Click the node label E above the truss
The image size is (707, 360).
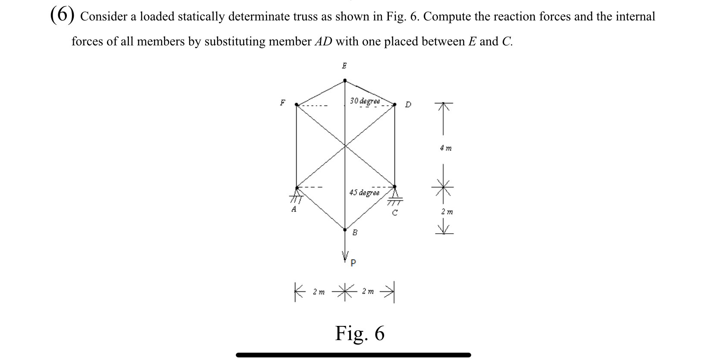(344, 66)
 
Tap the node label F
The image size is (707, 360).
(282, 103)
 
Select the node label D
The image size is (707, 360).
(408, 104)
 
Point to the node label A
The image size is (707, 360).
(294, 210)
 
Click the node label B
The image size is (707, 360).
(355, 233)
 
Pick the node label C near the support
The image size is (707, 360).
(394, 212)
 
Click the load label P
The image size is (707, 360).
(353, 263)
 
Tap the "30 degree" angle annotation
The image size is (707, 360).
(365, 101)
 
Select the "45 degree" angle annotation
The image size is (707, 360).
(364, 193)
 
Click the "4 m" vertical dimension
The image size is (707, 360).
(446, 148)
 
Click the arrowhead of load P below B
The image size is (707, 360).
(345, 254)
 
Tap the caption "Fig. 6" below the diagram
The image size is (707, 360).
(360, 333)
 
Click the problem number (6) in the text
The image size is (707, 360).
(61, 15)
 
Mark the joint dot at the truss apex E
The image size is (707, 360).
(345, 80)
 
